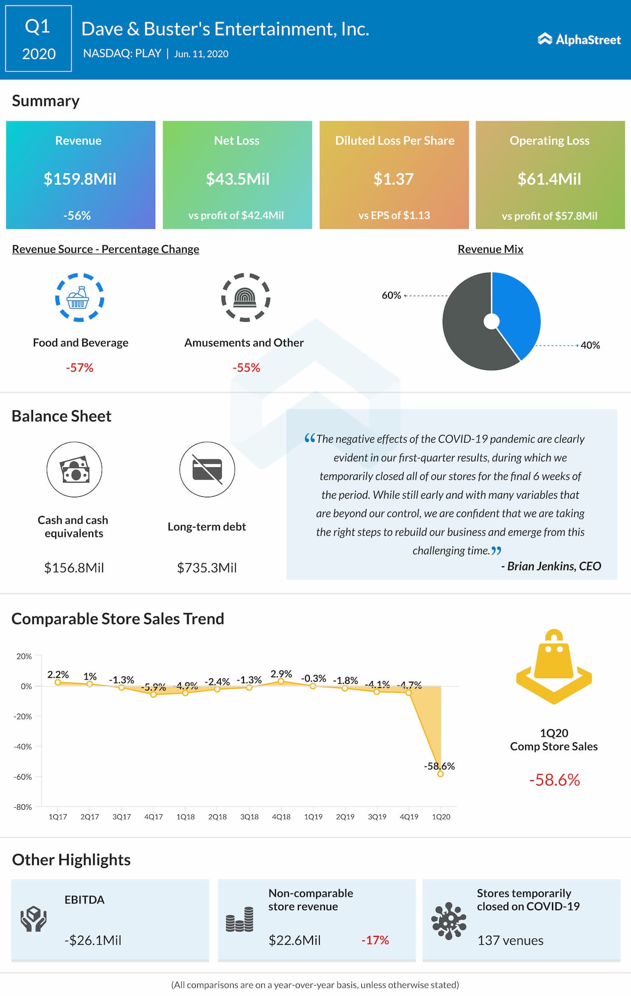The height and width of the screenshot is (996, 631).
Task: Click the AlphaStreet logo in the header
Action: [x=579, y=39]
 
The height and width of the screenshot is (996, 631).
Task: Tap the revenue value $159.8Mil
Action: [x=80, y=179]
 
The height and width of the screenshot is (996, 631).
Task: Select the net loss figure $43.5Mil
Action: [x=238, y=179]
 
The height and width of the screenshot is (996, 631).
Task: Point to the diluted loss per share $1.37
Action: [x=393, y=179]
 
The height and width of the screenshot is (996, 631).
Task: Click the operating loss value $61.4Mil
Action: [x=549, y=179]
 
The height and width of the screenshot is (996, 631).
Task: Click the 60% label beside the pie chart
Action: [x=391, y=295]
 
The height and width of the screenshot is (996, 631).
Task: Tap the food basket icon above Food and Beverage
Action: [x=79, y=298]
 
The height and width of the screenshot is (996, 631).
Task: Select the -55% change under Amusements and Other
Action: [x=246, y=368]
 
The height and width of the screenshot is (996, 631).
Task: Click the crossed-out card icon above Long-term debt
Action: [x=207, y=469]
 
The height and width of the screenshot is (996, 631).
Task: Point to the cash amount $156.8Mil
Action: [x=74, y=568]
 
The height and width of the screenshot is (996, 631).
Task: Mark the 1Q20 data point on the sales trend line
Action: [x=440, y=774]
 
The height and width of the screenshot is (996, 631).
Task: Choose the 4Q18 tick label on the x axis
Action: [x=281, y=817]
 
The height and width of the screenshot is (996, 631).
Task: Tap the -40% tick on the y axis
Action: [x=23, y=747]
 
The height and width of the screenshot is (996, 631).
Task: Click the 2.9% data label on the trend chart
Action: [x=281, y=674]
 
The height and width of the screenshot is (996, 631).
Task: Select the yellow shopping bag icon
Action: [x=554, y=666]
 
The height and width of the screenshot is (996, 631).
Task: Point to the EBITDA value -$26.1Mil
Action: [x=93, y=940]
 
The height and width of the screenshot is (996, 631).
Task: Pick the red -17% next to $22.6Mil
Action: [x=375, y=940]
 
